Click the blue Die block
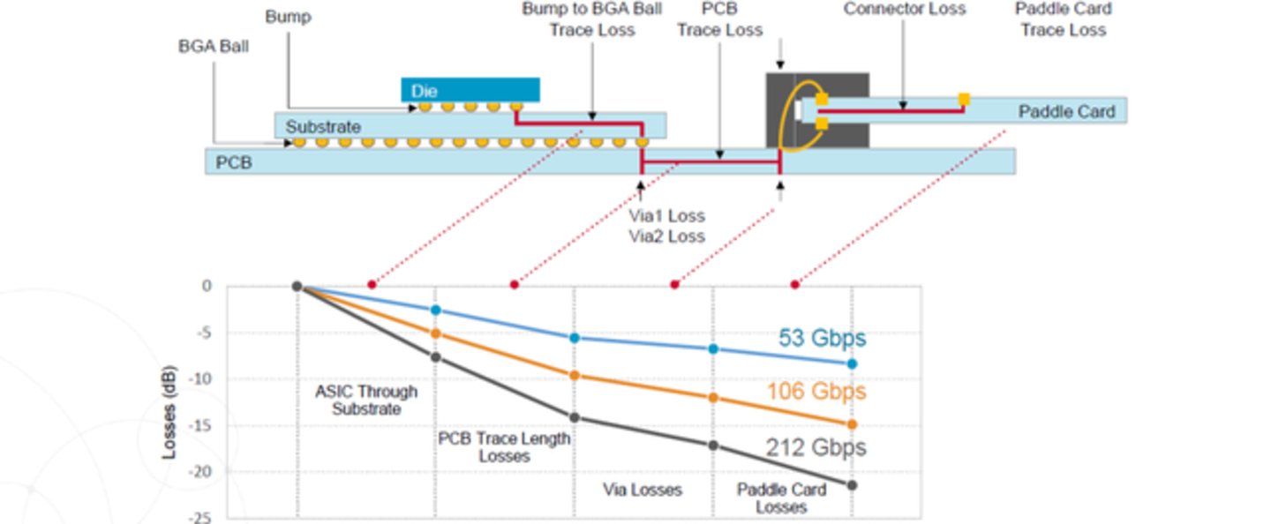470,90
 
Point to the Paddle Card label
1066,112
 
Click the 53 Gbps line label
822,338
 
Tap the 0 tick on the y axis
207,286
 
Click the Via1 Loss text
666,216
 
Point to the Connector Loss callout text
904,10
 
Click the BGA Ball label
214,46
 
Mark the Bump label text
288,17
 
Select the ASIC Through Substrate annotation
366,400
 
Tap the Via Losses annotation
642,489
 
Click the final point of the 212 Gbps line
852,485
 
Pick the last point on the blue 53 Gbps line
852,363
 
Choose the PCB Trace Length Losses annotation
504,447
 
